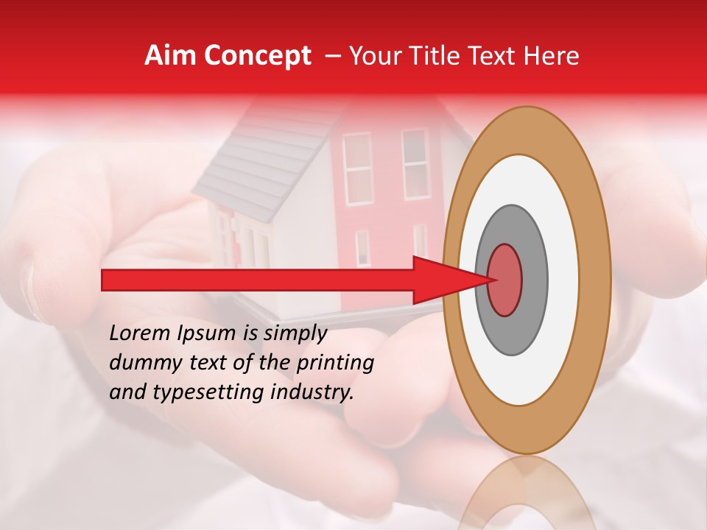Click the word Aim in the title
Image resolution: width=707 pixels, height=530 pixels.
(x=170, y=56)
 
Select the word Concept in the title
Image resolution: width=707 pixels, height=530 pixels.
(x=256, y=57)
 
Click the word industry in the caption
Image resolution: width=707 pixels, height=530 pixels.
(x=312, y=392)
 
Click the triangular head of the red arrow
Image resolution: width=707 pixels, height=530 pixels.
(x=449, y=280)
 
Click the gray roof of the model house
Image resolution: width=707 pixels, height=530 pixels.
(x=258, y=158)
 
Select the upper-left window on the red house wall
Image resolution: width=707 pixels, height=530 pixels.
(x=358, y=169)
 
